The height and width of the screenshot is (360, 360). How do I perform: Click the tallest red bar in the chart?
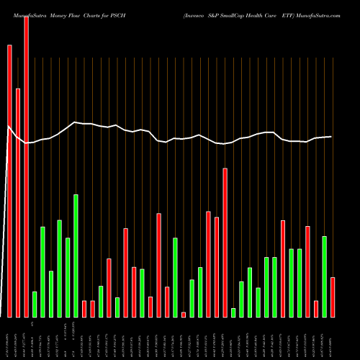pos(27,166)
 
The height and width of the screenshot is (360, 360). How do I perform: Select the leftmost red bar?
pos(9,181)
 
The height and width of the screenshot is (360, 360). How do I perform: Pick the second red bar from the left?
pos(18,202)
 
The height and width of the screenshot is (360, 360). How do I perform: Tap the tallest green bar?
pos(76,256)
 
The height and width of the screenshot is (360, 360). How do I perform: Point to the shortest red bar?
pos(184,314)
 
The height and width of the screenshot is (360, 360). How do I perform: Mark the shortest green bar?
pos(233,312)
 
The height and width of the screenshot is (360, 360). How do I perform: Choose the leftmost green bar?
pos(35,304)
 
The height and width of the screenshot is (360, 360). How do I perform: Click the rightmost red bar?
pos(333,297)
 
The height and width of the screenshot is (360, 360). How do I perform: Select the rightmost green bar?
pos(325,276)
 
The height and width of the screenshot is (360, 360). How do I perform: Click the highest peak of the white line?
pos(75,122)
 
